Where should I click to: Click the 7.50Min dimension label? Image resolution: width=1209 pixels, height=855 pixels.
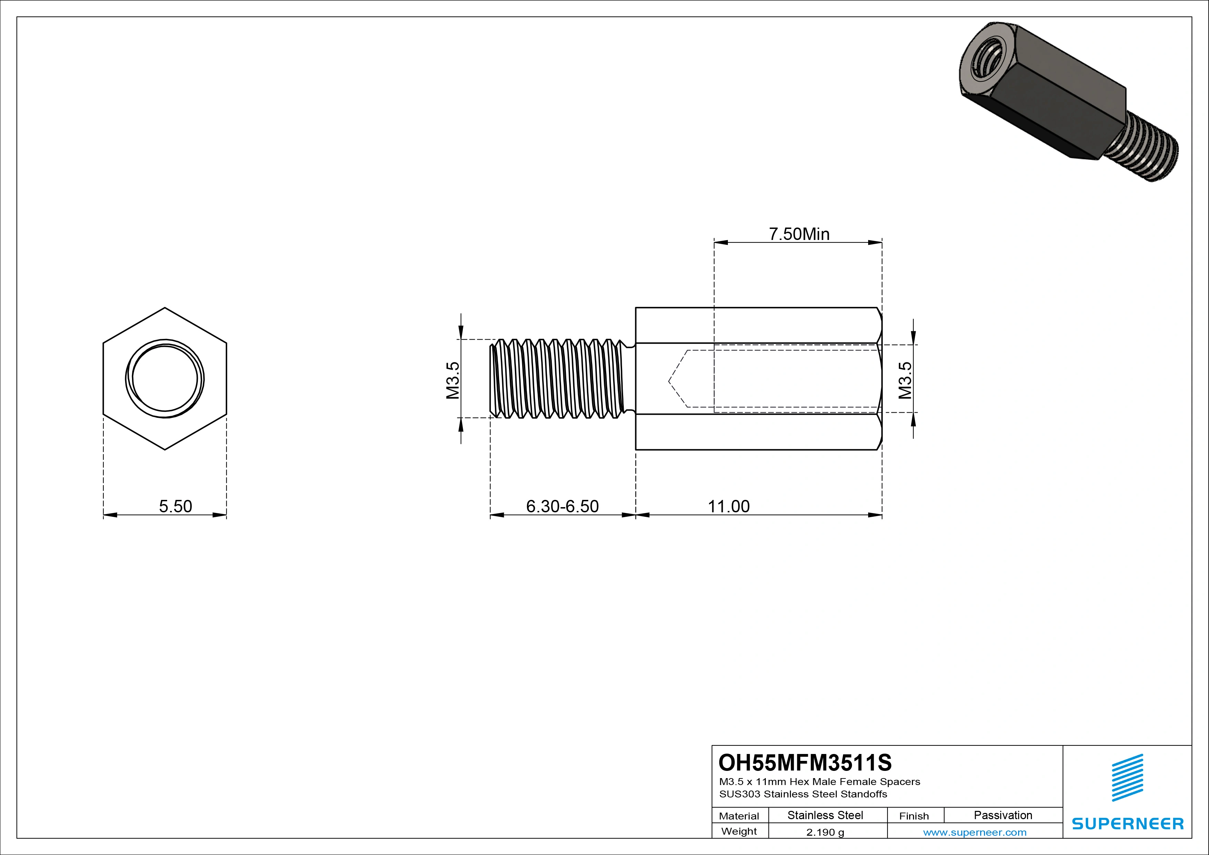point(799,234)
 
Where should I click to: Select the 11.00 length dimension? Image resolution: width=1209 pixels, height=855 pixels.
point(728,506)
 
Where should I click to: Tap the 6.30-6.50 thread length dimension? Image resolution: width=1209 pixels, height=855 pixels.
point(562,506)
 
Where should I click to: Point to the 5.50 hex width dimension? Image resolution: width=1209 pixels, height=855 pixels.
point(175,506)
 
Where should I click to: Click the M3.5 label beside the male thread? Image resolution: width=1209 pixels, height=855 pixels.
point(453,380)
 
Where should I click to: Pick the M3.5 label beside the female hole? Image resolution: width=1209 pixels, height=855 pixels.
point(905,380)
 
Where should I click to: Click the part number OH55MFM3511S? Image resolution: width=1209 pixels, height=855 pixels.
point(805,762)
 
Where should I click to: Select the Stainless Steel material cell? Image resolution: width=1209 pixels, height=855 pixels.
point(825,815)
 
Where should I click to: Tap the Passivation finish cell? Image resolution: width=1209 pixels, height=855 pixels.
point(1003,815)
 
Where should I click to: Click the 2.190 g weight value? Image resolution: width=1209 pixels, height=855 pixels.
point(825,832)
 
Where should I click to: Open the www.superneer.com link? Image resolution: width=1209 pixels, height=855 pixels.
point(975,832)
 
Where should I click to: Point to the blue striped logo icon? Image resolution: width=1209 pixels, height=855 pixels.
point(1127,777)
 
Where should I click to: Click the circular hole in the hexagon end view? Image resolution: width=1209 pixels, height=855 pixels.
point(165,378)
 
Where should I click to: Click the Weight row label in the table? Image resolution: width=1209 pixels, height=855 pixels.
point(739,831)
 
